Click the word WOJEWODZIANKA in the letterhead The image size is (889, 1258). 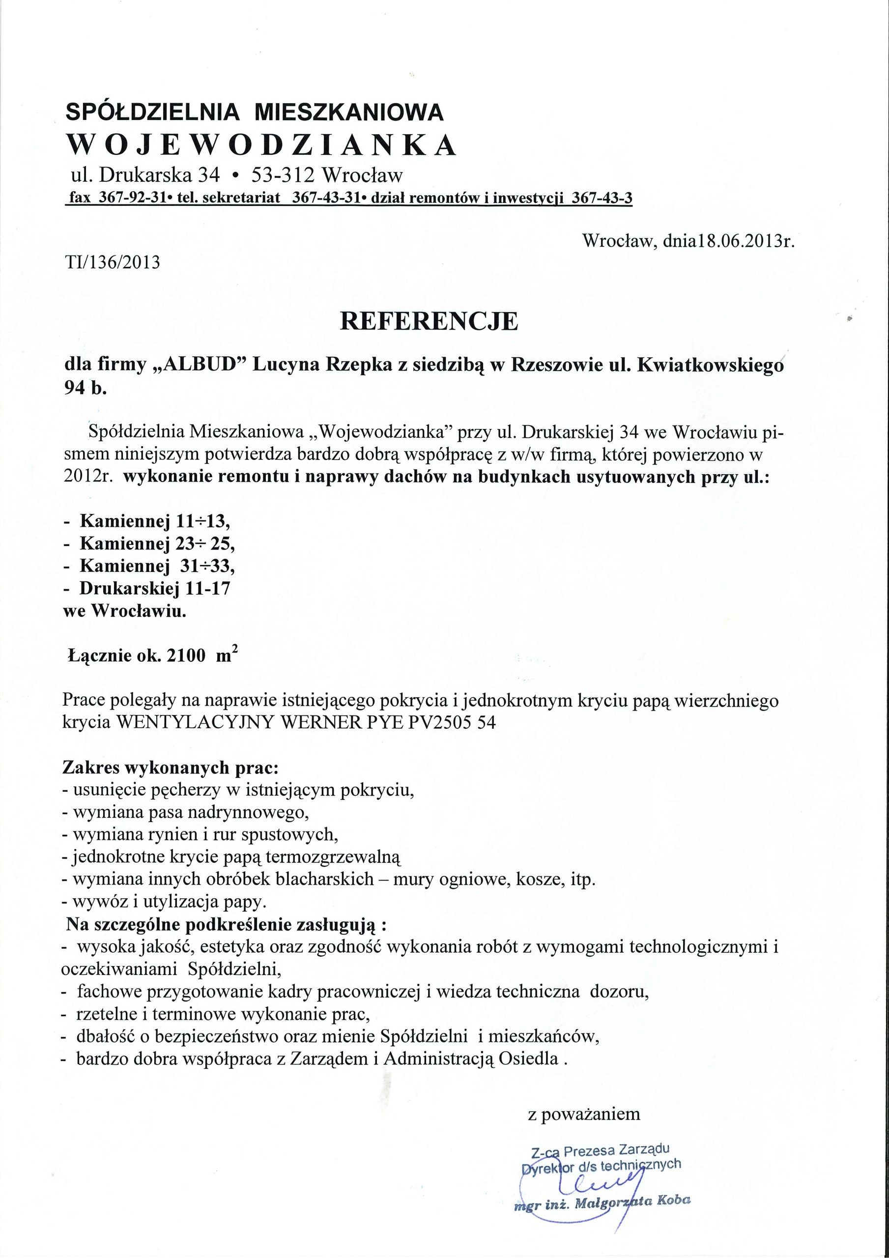(x=261, y=144)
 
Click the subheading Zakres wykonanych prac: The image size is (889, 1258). (x=167, y=768)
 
